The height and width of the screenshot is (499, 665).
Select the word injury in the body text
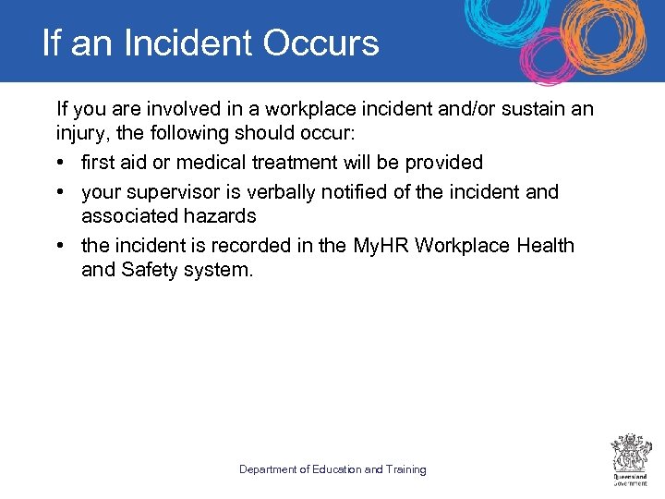(78, 135)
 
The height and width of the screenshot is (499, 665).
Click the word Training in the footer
(406, 469)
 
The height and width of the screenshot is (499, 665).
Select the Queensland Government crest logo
(632, 458)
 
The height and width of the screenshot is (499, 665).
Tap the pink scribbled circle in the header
(550, 55)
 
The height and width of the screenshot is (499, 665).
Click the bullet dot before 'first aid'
(60, 164)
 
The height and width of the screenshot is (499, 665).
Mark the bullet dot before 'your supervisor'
(60, 193)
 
